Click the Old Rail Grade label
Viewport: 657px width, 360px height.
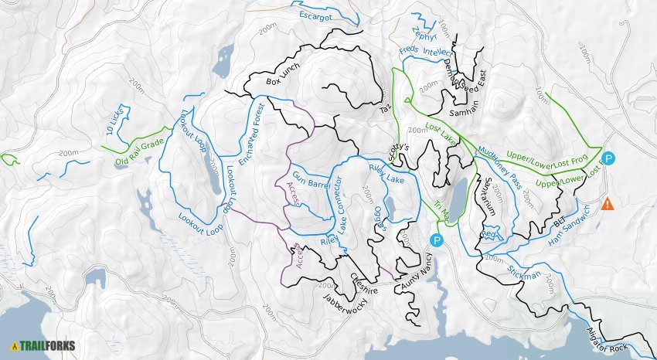coord(139,151)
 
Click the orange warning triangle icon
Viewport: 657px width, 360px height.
coord(608,204)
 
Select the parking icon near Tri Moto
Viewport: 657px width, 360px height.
coord(437,241)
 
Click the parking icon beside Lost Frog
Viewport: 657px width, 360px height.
coord(608,159)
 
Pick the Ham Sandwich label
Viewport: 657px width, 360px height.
coord(570,226)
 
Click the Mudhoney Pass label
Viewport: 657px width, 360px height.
coord(500,160)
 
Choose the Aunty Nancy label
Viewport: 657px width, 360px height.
coord(416,275)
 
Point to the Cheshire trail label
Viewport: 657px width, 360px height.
coord(364,280)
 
